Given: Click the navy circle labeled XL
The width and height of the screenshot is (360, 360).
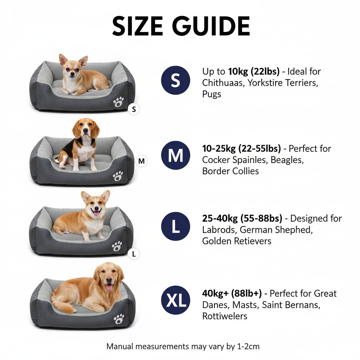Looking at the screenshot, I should [175, 300].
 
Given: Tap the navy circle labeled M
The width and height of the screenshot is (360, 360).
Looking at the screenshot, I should [175, 155].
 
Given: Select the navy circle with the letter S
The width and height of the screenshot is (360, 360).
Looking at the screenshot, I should [175, 81].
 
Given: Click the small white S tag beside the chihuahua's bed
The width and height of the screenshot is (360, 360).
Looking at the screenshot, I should [133, 109].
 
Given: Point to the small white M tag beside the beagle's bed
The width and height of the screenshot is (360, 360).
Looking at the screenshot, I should [141, 161].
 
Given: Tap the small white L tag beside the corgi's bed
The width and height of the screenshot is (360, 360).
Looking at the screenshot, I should [134, 253].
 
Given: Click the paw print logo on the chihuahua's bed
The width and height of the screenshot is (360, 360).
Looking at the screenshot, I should [118, 102].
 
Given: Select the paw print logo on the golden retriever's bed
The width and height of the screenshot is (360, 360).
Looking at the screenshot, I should [119, 319].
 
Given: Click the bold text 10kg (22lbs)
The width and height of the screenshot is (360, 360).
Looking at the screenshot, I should [253, 72].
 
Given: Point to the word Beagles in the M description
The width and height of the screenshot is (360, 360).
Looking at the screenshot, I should [288, 160].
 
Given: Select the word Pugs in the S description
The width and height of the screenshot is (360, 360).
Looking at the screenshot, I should [212, 94].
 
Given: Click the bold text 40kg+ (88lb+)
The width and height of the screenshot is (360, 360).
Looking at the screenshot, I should [232, 293].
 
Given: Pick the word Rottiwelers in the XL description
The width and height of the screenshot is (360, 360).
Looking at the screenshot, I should [225, 316].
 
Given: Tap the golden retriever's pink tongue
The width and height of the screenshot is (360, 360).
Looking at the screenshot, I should [109, 287].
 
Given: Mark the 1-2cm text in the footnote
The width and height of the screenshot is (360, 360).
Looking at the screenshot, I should [248, 346].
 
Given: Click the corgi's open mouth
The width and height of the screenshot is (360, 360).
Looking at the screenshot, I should [96, 212].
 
